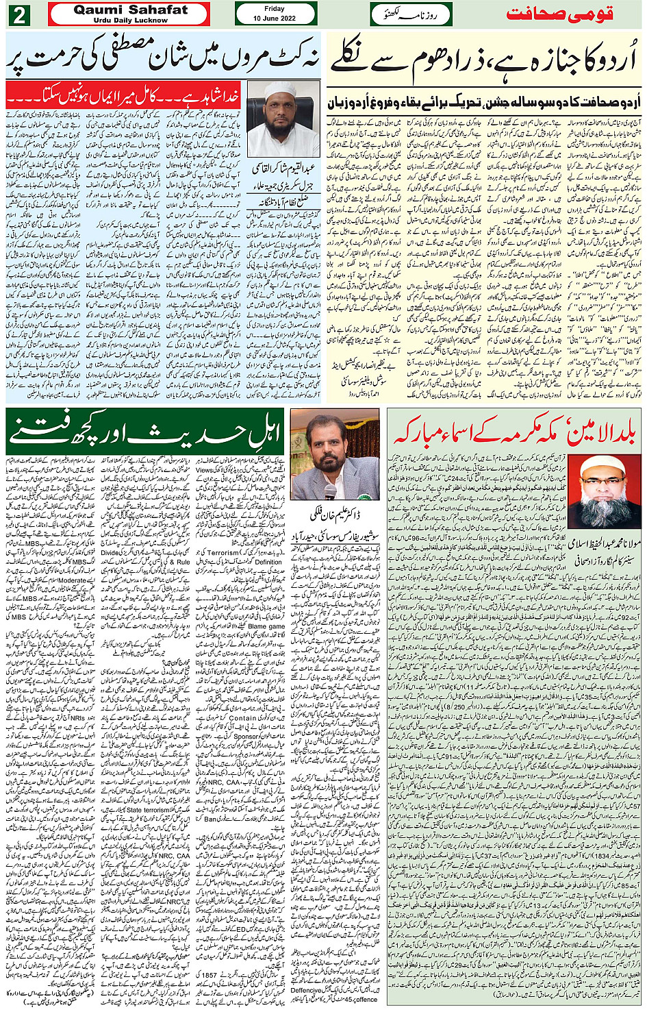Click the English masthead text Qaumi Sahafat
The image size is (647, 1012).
pos(130,10)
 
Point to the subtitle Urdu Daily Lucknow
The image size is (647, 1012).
pos(130,21)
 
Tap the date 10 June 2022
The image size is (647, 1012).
pos(275,18)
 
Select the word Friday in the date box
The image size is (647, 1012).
pos(275,9)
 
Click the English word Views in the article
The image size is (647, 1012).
pos(205,470)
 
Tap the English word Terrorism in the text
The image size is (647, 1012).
pos(223,552)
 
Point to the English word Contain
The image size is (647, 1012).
pos(242,719)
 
